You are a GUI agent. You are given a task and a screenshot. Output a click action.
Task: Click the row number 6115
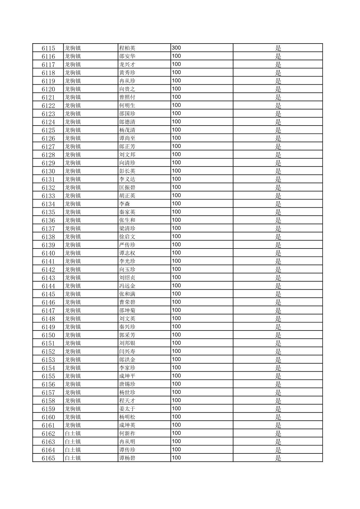tap(48, 48)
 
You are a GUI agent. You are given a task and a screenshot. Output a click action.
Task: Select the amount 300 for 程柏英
tap(176, 48)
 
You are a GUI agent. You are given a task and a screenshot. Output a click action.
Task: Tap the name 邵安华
tap(127, 56)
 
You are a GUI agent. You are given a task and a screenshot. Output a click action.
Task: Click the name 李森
tap(125, 204)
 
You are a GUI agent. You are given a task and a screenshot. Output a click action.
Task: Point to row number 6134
tap(48, 204)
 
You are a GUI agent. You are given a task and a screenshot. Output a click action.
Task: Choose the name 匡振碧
tap(127, 188)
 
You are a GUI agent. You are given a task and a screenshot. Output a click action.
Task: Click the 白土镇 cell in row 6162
tap(73, 434)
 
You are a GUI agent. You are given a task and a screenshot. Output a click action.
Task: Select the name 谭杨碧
tap(127, 458)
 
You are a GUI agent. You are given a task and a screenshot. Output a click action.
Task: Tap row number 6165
tap(48, 458)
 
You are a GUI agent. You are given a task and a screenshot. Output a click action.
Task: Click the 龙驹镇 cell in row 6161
tap(73, 425)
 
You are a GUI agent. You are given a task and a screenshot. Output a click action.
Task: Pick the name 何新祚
tap(127, 434)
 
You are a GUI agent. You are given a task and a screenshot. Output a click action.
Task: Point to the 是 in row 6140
tap(278, 253)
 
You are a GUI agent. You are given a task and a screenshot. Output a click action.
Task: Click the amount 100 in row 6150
tap(176, 335)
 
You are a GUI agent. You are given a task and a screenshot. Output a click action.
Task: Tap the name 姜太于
tap(127, 409)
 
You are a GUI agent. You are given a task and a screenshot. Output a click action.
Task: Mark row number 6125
tap(48, 130)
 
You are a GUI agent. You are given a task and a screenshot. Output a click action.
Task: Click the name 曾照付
tap(127, 97)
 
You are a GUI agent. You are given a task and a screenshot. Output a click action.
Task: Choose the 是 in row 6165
tap(278, 458)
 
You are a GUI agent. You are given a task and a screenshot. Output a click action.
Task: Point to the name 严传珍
tap(127, 245)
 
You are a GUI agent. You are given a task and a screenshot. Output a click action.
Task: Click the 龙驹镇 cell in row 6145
tap(73, 294)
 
